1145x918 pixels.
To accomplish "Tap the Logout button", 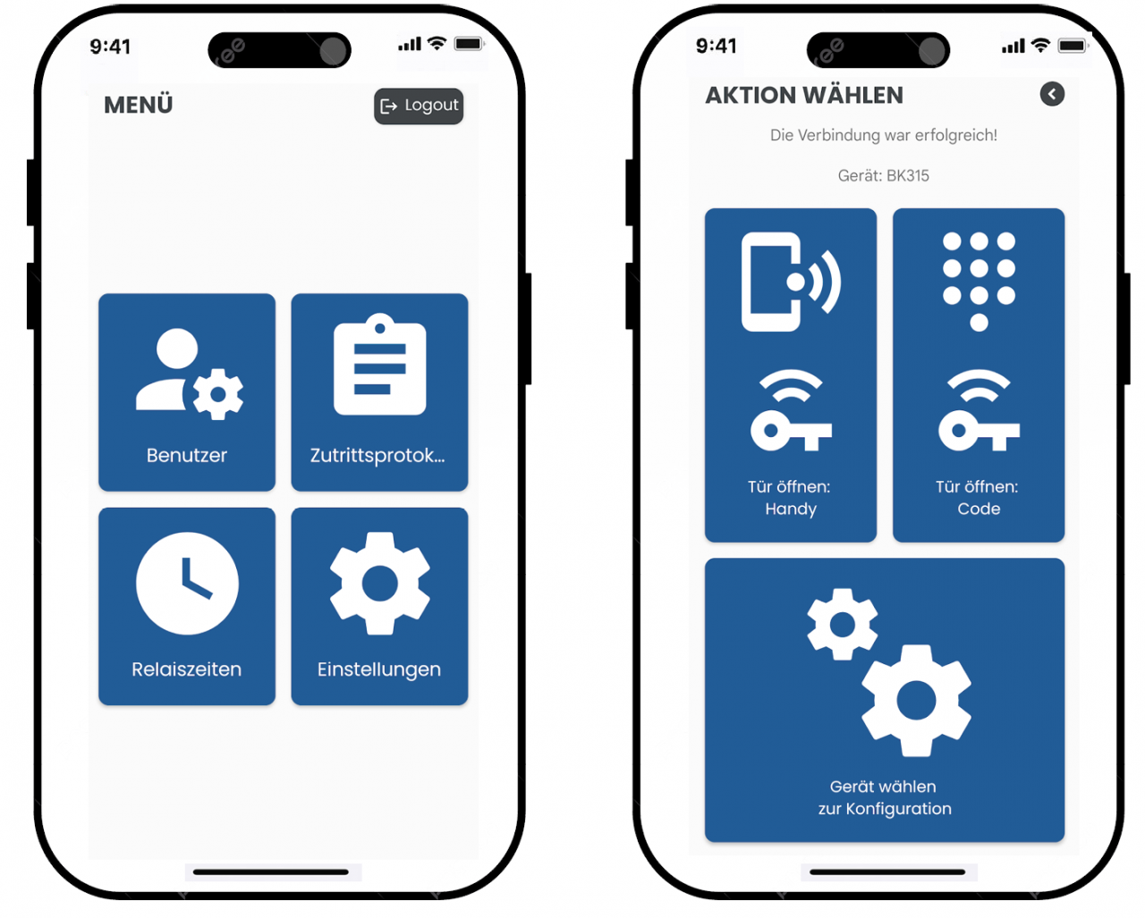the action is click(419, 105).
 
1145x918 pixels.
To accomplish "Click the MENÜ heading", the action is click(139, 105).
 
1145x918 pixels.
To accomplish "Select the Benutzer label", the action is click(187, 455).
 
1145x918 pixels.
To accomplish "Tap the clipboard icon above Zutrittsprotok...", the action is click(379, 364).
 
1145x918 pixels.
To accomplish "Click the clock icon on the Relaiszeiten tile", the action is click(187, 583).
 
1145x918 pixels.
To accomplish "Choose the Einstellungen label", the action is click(379, 670).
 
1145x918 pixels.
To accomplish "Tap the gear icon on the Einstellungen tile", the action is click(379, 583).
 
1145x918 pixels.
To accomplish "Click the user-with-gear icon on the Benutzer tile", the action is click(190, 374).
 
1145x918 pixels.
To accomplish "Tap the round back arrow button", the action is click(1052, 94).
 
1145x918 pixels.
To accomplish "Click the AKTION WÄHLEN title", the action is click(804, 96).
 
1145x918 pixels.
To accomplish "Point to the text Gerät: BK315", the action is click(883, 175).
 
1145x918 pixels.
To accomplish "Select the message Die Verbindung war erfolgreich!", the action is click(883, 135).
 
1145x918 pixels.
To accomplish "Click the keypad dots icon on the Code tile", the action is click(979, 282).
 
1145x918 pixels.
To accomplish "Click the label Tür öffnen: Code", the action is click(978, 498).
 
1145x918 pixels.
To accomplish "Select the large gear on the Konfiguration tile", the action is click(916, 701).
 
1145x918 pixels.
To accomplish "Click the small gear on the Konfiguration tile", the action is click(842, 625).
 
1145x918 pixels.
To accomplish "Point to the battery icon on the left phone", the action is click(469, 44).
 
